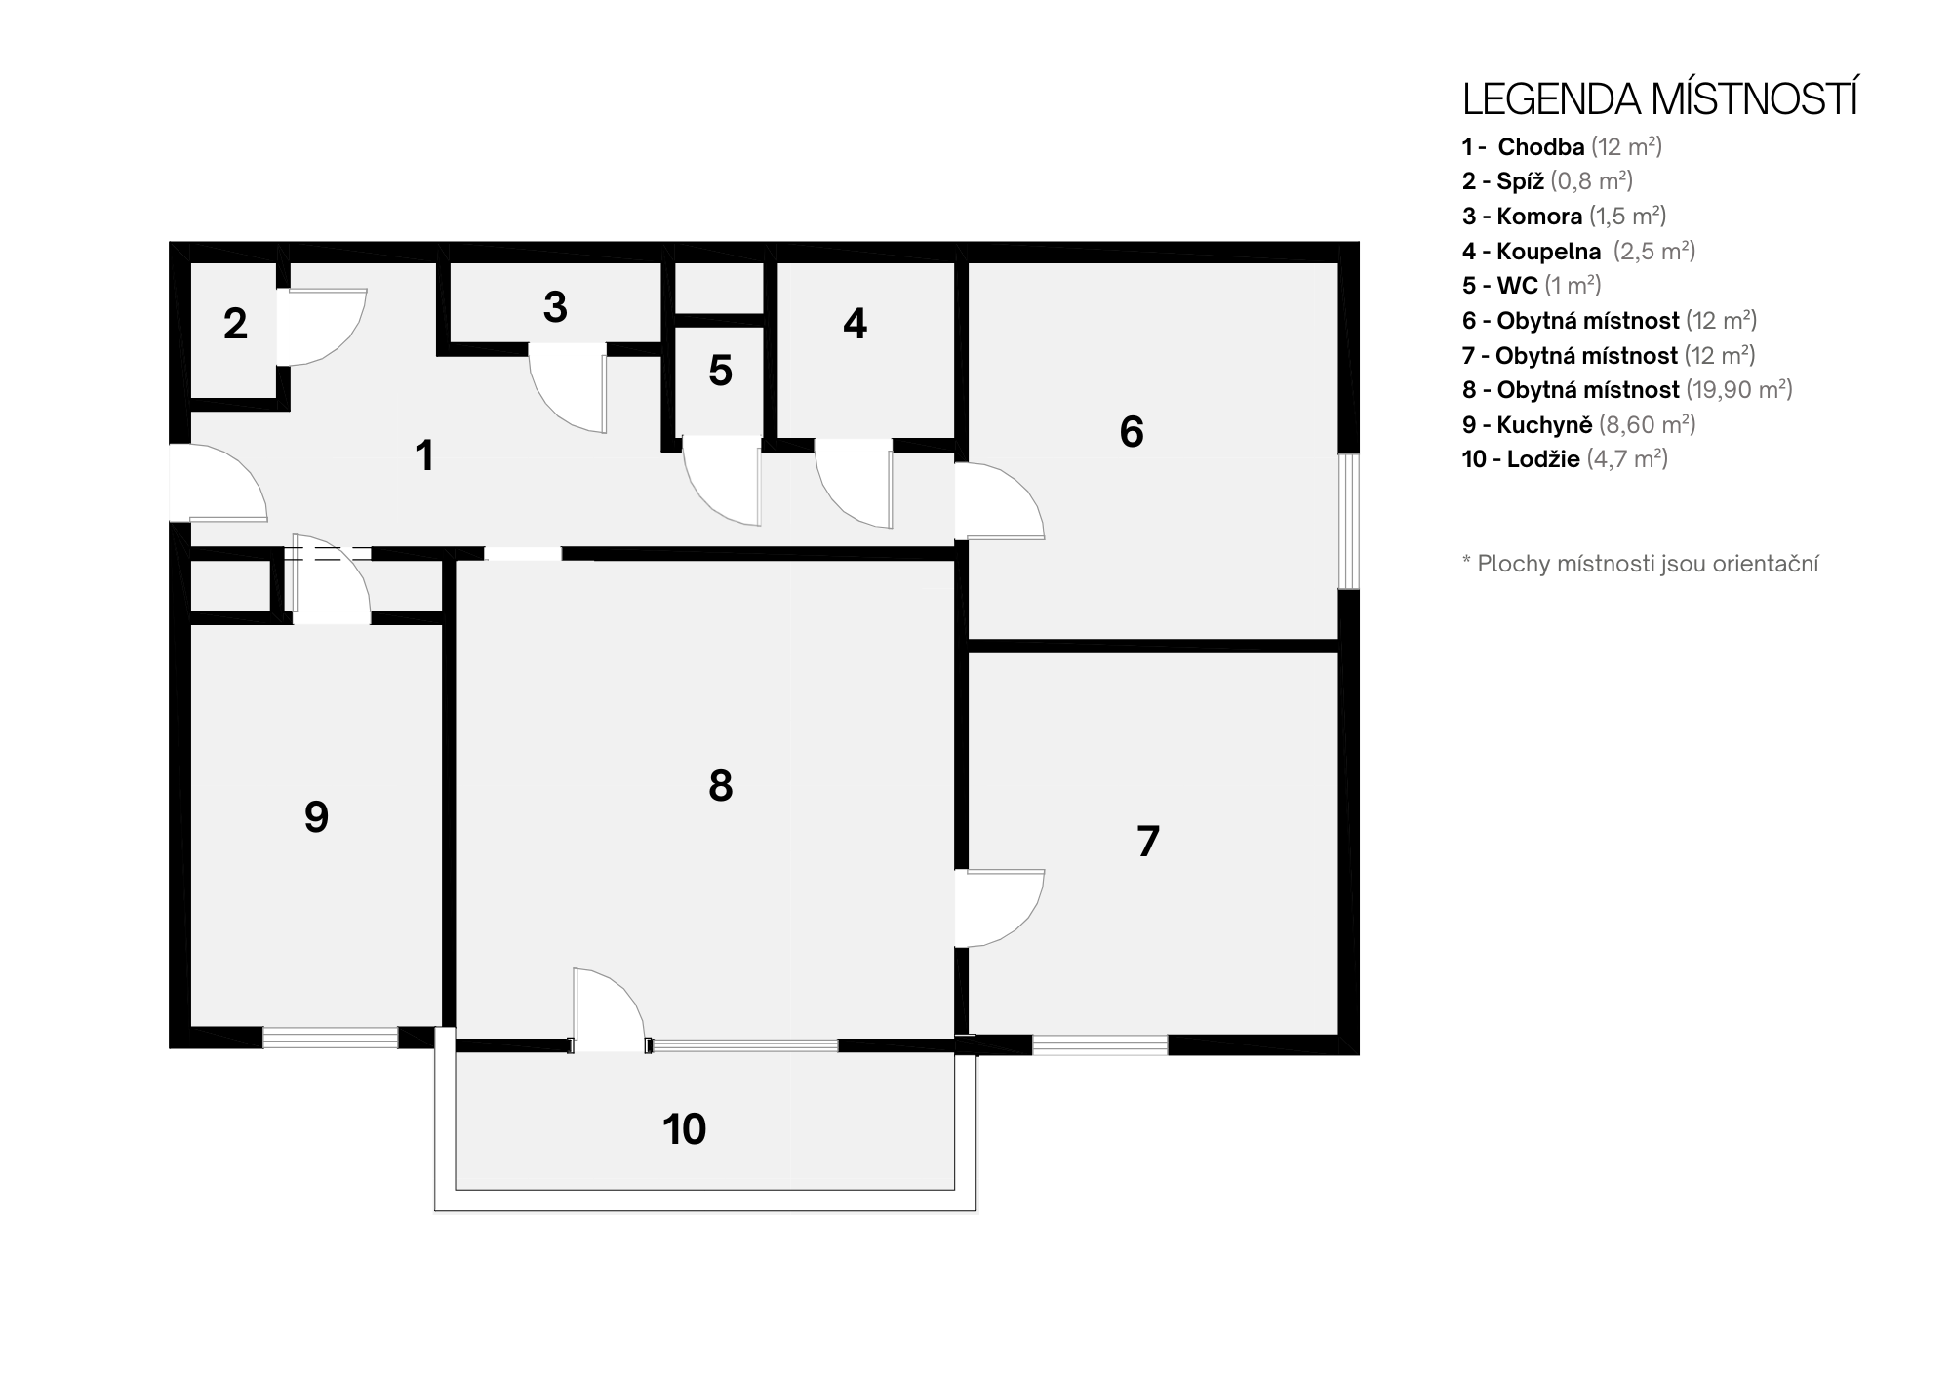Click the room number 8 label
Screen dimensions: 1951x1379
pyautogui.click(x=721, y=786)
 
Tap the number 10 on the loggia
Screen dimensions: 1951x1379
pyautogui.click(x=684, y=1129)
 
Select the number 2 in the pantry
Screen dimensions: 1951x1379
pyautogui.click(x=235, y=324)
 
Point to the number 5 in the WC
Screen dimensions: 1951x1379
pyautogui.click(x=720, y=371)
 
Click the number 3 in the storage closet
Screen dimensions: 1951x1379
pyautogui.click(x=555, y=307)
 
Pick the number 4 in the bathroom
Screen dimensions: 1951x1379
pyautogui.click(x=855, y=324)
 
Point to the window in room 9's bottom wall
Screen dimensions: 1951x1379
pyautogui.click(x=331, y=1038)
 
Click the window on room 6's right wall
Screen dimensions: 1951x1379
pyautogui.click(x=1349, y=521)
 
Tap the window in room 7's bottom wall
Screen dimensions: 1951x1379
pyautogui.click(x=1100, y=1044)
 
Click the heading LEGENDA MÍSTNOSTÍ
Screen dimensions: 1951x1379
pyautogui.click(x=1659, y=99)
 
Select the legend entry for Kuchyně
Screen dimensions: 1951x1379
pyautogui.click(x=1578, y=424)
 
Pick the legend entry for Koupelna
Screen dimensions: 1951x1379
pyautogui.click(x=1578, y=251)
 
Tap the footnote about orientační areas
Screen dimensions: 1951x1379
pyautogui.click(x=1640, y=564)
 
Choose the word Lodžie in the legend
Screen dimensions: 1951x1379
pyautogui.click(x=1543, y=459)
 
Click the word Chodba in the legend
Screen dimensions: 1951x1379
pyautogui.click(x=1541, y=147)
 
